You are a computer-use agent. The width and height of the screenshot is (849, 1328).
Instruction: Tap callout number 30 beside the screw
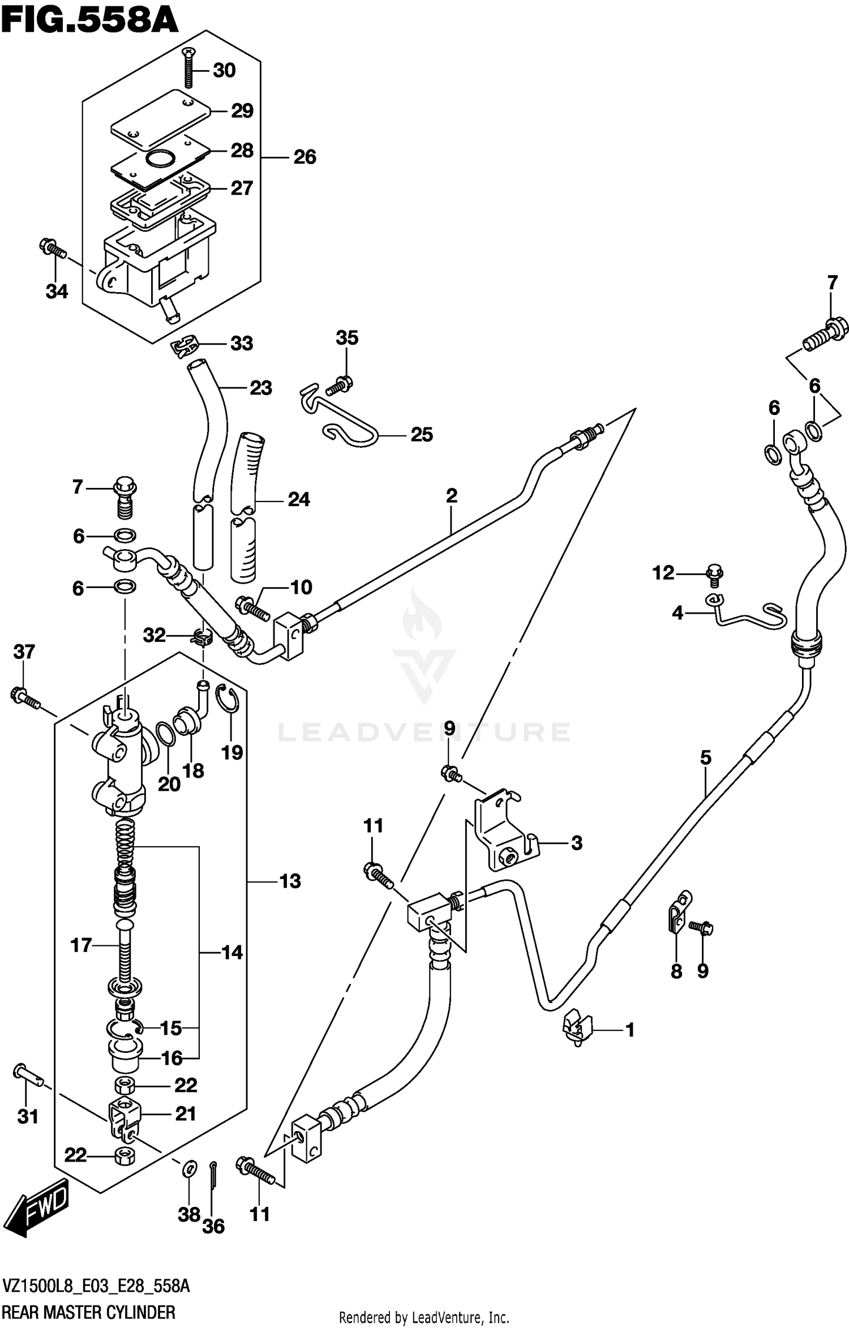224,71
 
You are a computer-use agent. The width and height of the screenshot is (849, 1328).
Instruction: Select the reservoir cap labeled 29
160,116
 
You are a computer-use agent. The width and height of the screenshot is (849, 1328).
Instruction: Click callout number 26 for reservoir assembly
305,157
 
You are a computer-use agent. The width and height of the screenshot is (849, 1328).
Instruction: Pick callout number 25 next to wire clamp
421,435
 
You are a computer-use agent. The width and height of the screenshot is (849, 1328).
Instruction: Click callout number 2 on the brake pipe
451,496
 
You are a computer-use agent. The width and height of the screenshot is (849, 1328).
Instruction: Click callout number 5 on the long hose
705,757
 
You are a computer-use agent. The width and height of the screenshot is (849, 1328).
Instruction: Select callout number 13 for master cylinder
290,881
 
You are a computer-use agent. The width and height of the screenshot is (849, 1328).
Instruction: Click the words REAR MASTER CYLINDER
89,1312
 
